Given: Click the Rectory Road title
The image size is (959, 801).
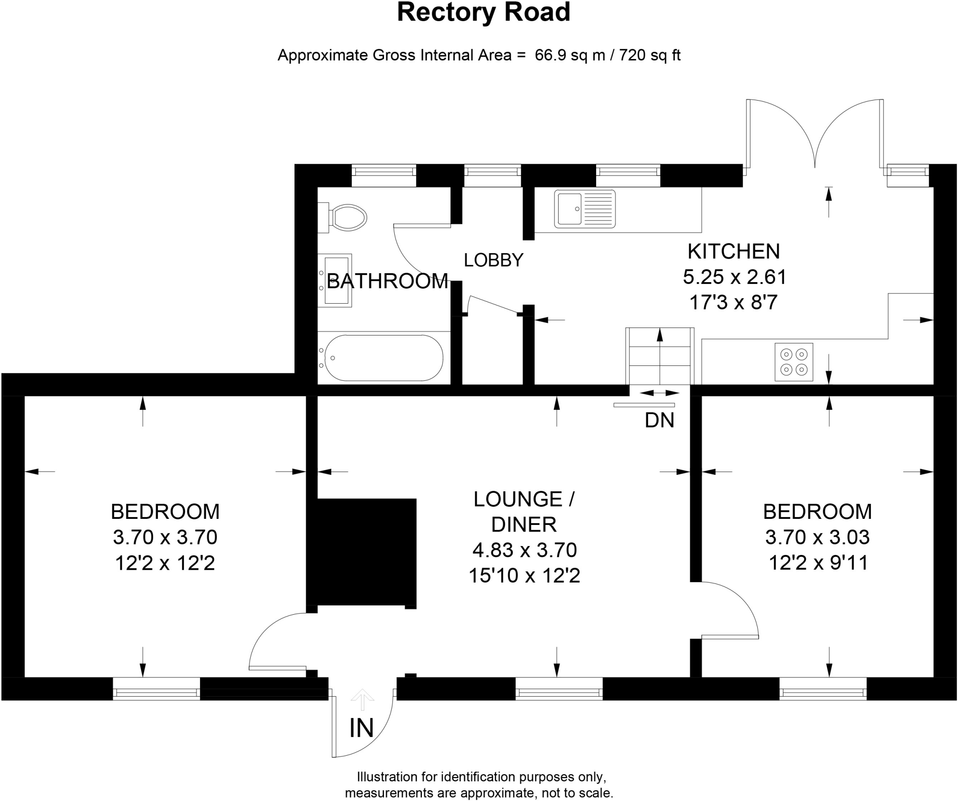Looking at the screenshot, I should (x=483, y=13).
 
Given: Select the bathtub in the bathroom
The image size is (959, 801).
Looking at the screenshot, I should (x=383, y=358).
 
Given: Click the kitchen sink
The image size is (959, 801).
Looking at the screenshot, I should (x=584, y=209).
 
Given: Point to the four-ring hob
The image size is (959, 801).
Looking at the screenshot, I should (x=794, y=362).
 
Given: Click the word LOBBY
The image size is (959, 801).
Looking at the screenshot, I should (x=493, y=260).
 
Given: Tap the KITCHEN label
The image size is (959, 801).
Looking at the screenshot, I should (x=734, y=252).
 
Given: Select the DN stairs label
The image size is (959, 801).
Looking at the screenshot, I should (x=659, y=421).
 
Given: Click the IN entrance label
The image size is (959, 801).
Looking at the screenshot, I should (x=361, y=728).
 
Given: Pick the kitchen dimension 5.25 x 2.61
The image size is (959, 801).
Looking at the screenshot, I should (x=734, y=277).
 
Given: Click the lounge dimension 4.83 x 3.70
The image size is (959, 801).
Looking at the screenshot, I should (x=524, y=550).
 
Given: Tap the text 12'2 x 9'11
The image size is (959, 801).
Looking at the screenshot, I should (x=818, y=562).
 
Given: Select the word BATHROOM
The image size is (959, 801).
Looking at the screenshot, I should (x=388, y=281).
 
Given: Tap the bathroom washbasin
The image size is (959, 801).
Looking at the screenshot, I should (x=335, y=280).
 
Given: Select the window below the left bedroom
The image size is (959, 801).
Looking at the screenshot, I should (x=156, y=688).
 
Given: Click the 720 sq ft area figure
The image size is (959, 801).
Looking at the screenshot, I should (x=650, y=55).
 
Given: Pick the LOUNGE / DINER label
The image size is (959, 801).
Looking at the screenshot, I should (x=524, y=512).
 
